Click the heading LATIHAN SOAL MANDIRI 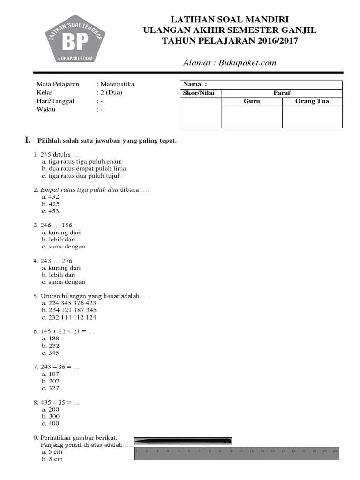(x=230, y=19)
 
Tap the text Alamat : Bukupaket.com (x=230, y=62)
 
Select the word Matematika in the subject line (x=117, y=84)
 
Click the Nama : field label (x=195, y=84)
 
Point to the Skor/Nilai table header (x=201, y=93)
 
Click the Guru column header (x=252, y=101)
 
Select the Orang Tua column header (x=312, y=101)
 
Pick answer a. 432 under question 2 (x=51, y=197)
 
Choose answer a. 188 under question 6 (x=51, y=338)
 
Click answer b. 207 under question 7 (x=51, y=381)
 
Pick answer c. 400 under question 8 (x=51, y=423)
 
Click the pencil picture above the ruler (x=183, y=441)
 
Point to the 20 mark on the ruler (x=334, y=451)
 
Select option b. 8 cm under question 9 (x=52, y=459)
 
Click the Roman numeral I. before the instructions (x=28, y=140)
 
